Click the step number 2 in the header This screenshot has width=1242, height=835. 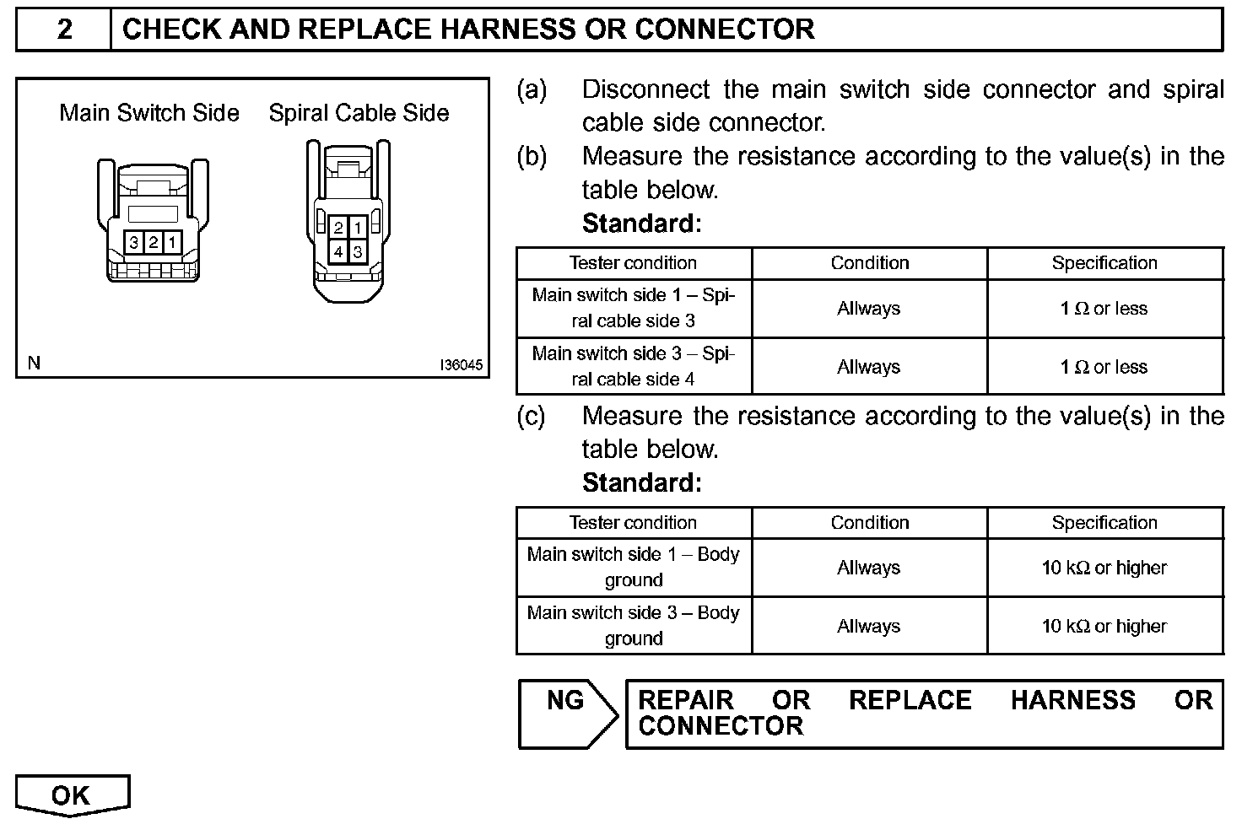coord(64,30)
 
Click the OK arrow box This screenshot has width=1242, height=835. coord(72,795)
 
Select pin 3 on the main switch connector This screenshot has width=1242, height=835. coord(134,243)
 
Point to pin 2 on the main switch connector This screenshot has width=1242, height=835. coord(153,243)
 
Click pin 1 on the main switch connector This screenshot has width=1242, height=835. coord(171,243)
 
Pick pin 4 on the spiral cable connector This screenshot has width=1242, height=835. coord(337,251)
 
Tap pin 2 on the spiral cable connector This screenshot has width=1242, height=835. coord(337,228)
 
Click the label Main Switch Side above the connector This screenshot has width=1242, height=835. coord(149,113)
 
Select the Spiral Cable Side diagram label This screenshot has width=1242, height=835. coord(359,113)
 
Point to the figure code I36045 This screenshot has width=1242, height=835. coord(461,365)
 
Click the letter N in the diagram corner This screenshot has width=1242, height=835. coord(34,364)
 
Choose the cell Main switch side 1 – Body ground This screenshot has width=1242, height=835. coord(633,567)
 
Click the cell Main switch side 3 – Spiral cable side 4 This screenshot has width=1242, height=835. coord(633,366)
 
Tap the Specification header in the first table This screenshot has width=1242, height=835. coord(1104,263)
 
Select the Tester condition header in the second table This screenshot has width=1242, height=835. coord(633,523)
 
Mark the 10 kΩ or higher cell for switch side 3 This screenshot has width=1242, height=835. coord(1104,626)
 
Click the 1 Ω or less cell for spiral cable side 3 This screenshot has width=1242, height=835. coord(1104,309)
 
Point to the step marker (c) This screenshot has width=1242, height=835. coord(531,416)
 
